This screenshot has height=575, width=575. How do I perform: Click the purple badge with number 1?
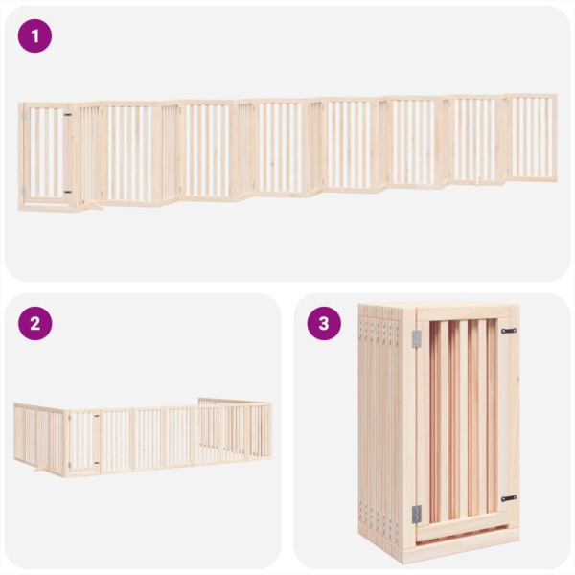click(35, 36)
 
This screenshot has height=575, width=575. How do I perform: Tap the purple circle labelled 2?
click(35, 323)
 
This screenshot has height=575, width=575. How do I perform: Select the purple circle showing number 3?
click(324, 323)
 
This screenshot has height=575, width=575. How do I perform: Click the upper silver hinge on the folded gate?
click(416, 338)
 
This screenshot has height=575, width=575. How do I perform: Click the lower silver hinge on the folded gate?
click(416, 513)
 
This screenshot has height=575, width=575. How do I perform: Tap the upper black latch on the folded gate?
click(508, 331)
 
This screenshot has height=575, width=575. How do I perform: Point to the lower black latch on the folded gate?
click(508, 498)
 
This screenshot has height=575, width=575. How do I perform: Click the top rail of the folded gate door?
click(462, 313)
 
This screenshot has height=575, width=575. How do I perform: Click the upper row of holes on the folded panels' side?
click(379, 331)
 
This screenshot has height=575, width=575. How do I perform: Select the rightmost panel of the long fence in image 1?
click(532, 136)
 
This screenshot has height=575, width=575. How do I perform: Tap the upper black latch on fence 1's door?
click(66, 114)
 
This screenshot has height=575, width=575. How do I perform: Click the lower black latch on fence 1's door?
click(66, 192)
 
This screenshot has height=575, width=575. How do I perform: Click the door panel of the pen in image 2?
click(83, 441)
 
